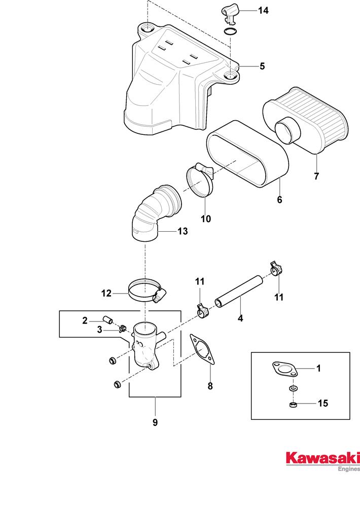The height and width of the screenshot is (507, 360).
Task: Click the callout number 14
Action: (264, 10)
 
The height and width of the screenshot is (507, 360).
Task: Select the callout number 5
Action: (262, 66)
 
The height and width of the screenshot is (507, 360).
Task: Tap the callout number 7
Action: (316, 176)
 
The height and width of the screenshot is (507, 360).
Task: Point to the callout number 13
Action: (183, 231)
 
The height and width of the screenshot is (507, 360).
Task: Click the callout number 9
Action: (155, 422)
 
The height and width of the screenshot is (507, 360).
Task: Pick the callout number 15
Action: (322, 404)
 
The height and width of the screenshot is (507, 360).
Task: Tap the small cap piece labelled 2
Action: (107, 320)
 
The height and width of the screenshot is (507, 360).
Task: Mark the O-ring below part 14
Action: (231, 32)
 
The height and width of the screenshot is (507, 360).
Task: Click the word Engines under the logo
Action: (348, 469)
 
